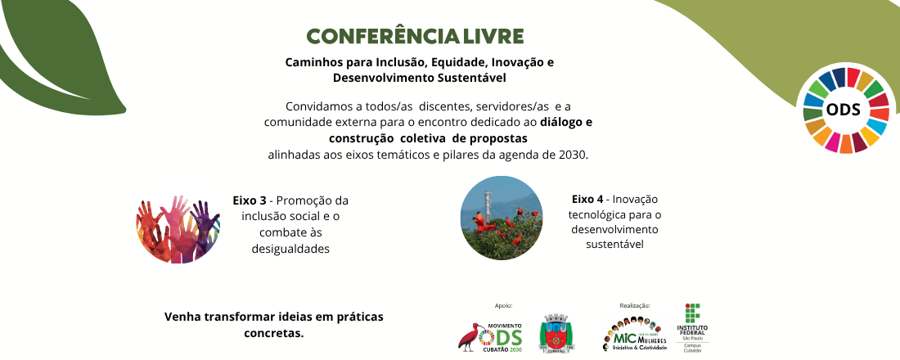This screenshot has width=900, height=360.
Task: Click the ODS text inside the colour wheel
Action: pos(844,110)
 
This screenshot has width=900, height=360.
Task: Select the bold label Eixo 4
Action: pos(587,199)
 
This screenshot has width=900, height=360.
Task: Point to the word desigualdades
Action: pos(291,249)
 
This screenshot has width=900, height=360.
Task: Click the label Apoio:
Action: pos(503,305)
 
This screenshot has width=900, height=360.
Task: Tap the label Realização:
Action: pos(636,305)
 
